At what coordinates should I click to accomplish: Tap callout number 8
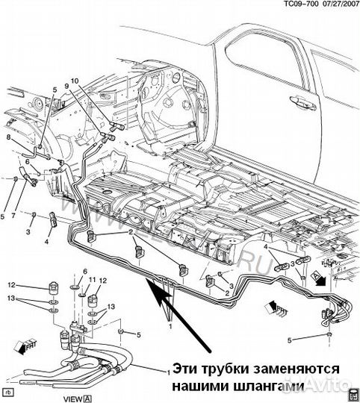(9, 137)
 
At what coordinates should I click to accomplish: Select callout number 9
(66, 86)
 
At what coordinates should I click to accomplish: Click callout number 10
(75, 80)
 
